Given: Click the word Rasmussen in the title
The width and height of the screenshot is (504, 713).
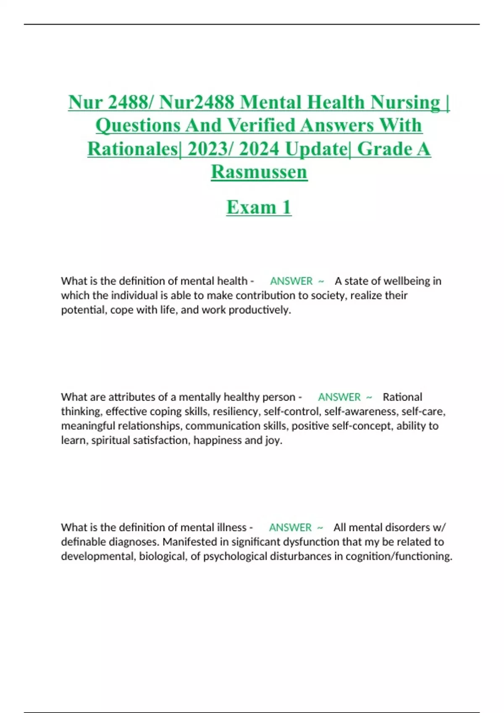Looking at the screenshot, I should pyautogui.click(x=259, y=172).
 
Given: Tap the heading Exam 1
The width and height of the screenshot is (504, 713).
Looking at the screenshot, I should pyautogui.click(x=259, y=207).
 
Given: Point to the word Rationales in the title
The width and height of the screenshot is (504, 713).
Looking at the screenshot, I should pyautogui.click(x=133, y=149).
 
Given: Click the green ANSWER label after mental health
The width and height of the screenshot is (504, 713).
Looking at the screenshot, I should pyautogui.click(x=291, y=281).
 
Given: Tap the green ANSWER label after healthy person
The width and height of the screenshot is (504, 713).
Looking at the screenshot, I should pyautogui.click(x=339, y=397).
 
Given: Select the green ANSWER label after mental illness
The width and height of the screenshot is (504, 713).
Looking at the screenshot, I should pyautogui.click(x=290, y=527).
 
